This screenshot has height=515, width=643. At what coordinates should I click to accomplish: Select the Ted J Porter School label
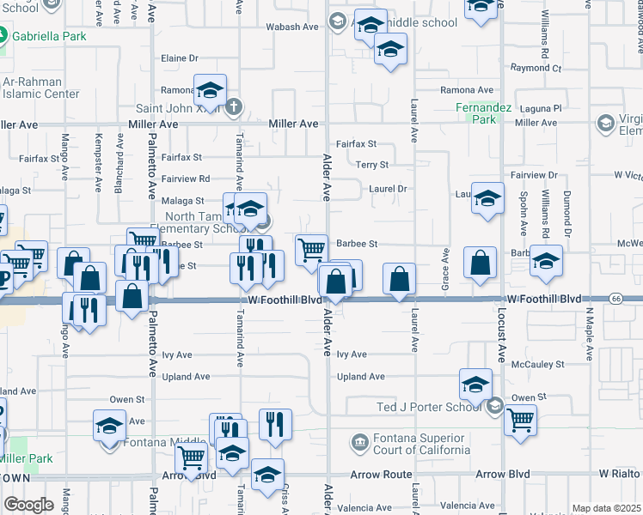[426, 407]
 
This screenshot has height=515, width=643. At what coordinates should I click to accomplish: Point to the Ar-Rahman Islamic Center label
[40, 88]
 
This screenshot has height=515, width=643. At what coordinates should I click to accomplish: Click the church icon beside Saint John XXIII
[234, 107]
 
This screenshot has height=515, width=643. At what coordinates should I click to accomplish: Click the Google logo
[28, 504]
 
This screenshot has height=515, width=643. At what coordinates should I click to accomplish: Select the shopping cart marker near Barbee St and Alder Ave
[311, 250]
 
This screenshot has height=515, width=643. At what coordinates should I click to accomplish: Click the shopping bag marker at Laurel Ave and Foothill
[400, 279]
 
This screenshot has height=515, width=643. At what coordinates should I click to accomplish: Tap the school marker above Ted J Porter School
[475, 385]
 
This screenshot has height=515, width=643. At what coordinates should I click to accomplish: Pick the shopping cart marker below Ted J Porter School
[520, 421]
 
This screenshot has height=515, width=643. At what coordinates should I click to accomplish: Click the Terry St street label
[372, 165]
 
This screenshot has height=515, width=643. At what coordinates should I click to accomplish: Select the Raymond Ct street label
[535, 68]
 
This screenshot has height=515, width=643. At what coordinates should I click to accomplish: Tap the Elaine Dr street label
[180, 58]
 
